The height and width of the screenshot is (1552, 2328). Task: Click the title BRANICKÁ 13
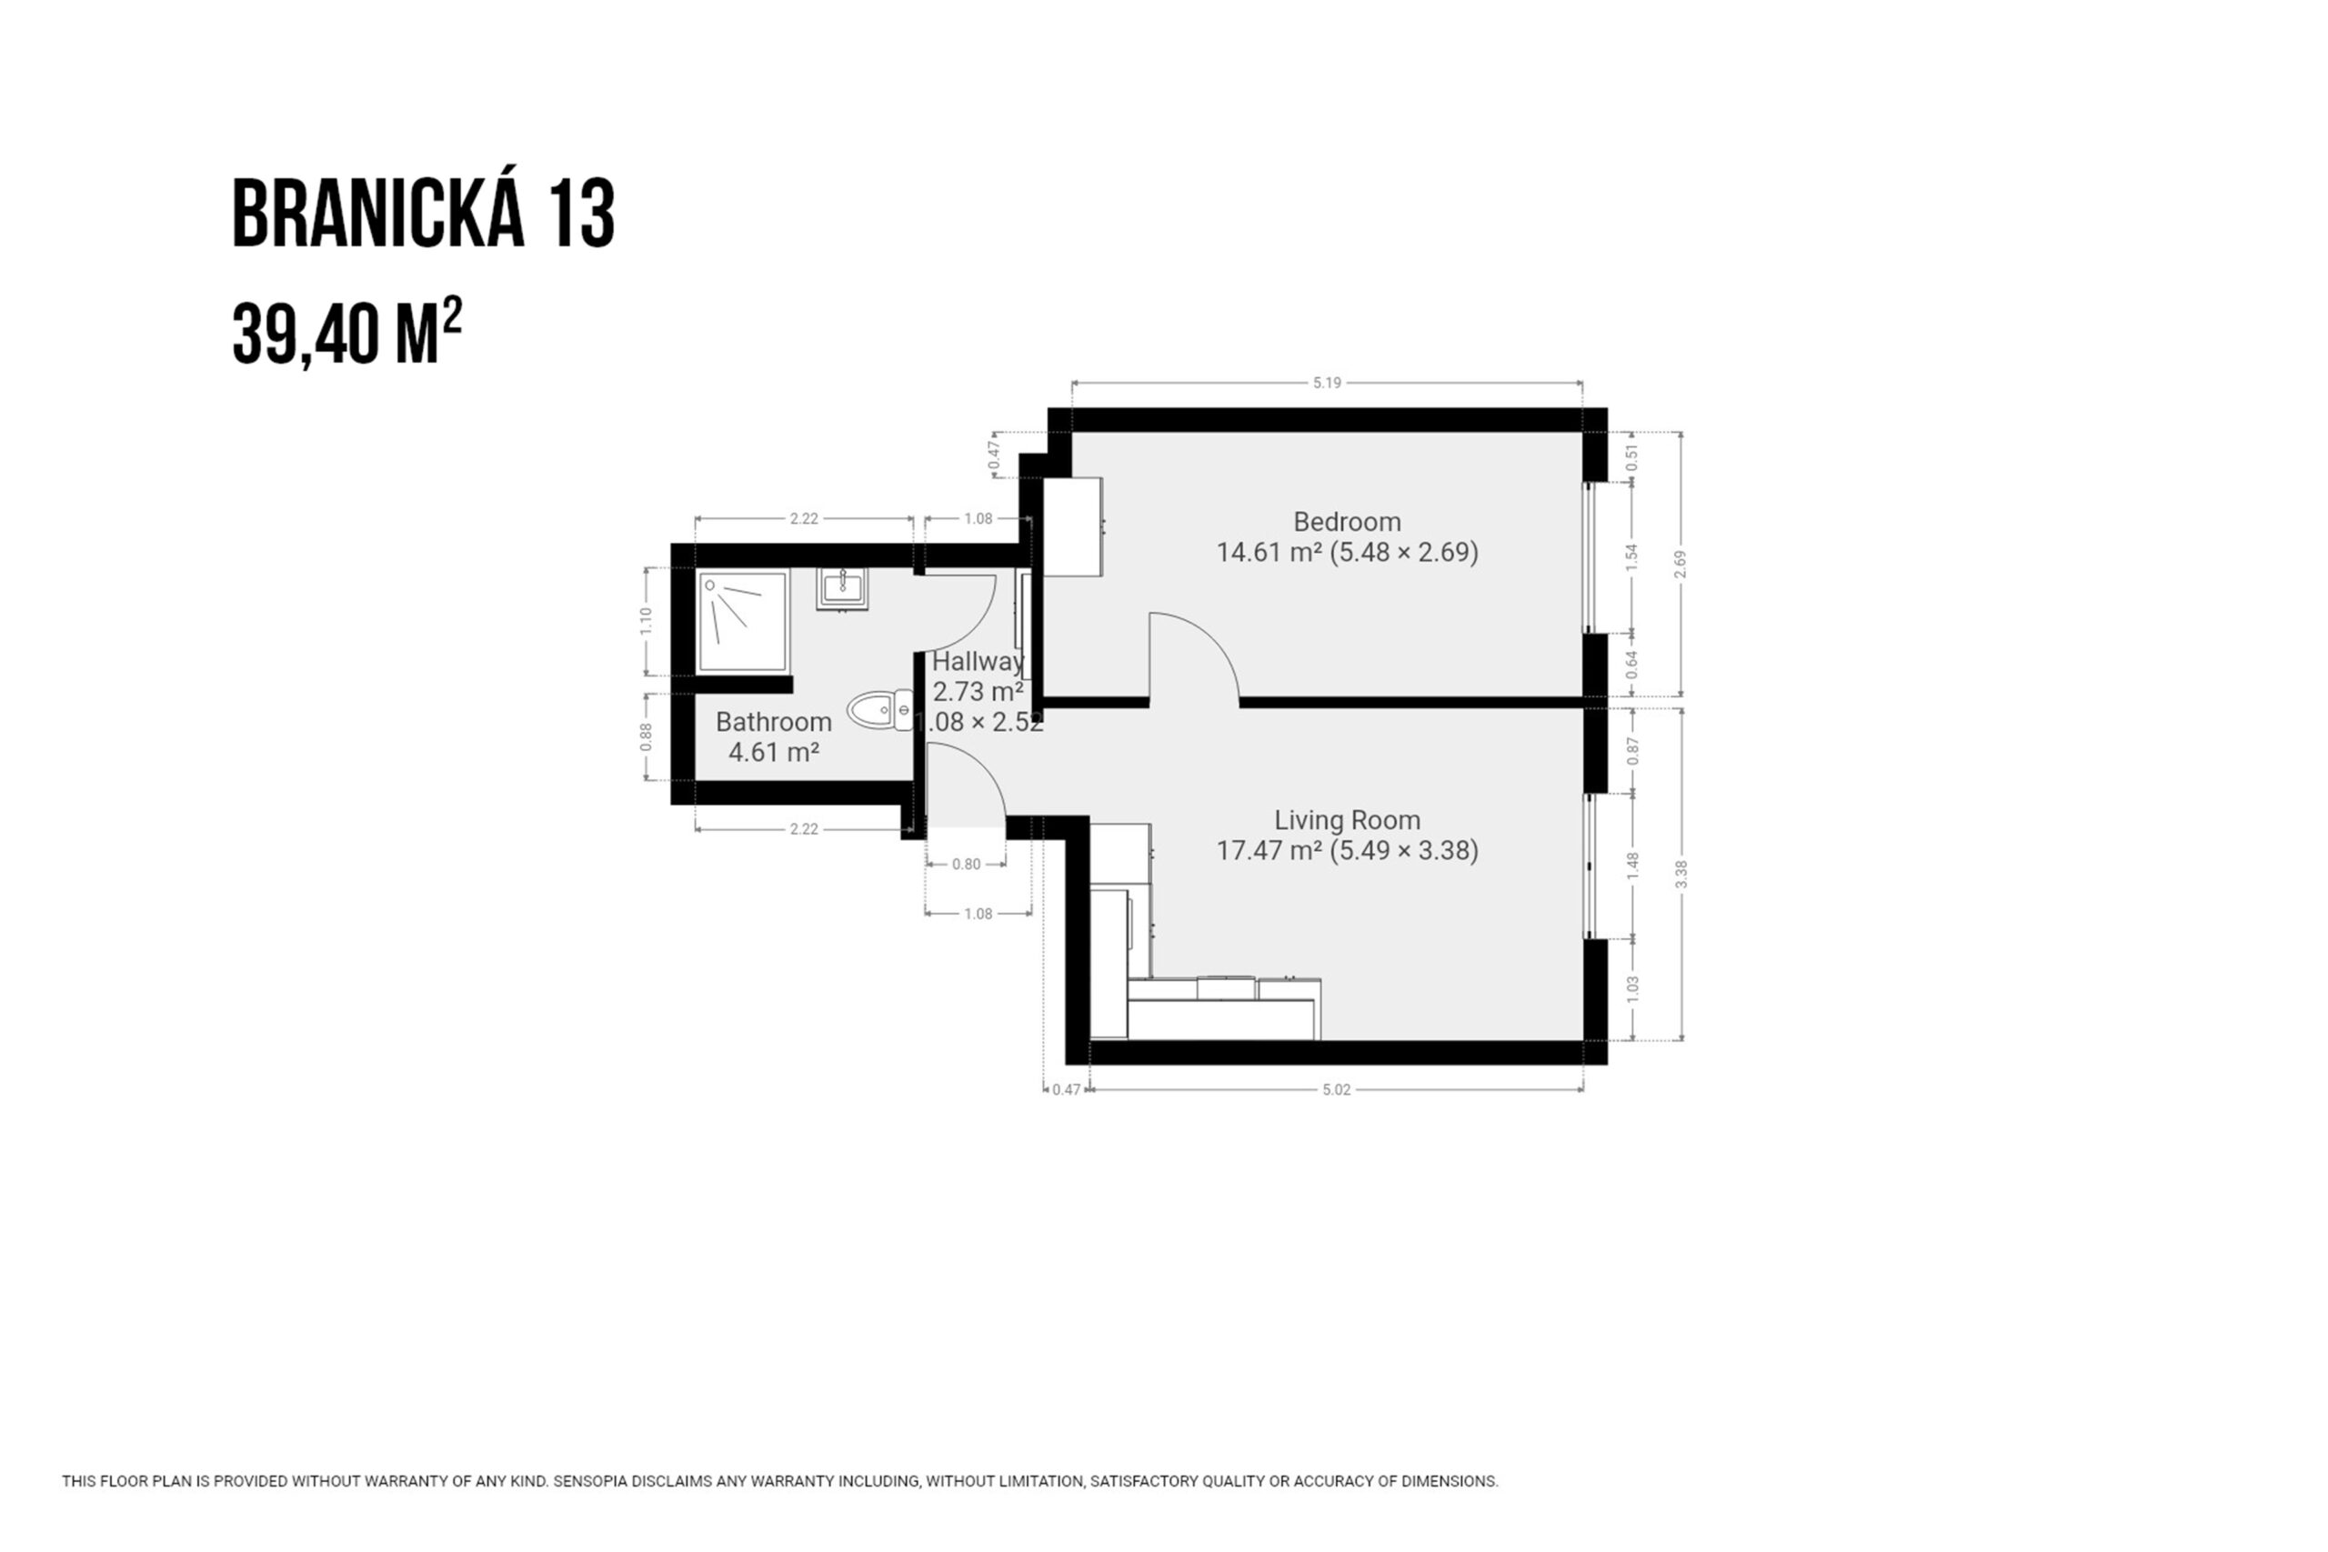click(x=424, y=213)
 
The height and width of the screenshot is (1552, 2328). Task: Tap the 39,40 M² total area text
click(x=346, y=333)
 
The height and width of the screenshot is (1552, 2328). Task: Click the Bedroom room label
click(x=1347, y=522)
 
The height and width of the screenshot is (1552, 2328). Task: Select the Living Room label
click(x=1347, y=819)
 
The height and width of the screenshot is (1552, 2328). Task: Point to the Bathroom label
click(x=774, y=722)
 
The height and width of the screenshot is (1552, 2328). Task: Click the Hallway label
click(x=978, y=661)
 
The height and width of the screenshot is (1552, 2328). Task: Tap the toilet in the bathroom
click(x=880, y=710)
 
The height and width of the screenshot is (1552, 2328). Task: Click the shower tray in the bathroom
click(x=742, y=622)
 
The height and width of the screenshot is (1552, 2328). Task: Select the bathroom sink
click(x=842, y=589)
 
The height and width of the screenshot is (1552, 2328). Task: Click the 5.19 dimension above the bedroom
click(x=1327, y=383)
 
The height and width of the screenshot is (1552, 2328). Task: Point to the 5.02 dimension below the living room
click(x=1336, y=1090)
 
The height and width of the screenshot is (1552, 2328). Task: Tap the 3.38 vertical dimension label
click(x=1681, y=874)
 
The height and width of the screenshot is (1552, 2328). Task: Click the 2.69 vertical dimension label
click(x=1680, y=565)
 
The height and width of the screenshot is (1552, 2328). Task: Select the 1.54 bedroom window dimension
click(x=1633, y=557)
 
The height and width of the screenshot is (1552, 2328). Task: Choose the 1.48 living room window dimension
click(x=1633, y=866)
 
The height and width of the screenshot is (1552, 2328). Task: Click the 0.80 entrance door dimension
click(x=966, y=864)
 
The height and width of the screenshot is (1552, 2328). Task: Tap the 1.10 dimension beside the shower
click(x=646, y=621)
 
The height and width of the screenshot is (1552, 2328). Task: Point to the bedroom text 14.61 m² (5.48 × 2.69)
click(x=1347, y=552)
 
